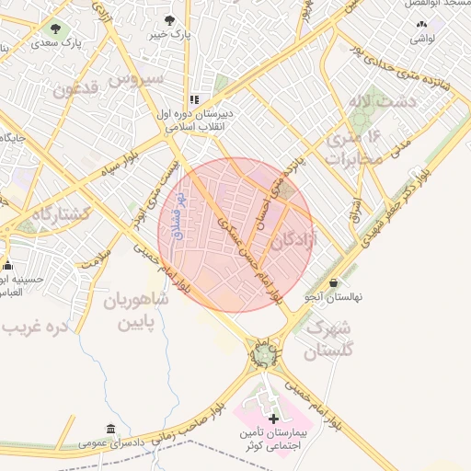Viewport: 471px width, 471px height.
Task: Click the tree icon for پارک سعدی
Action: pyautogui.click(x=59, y=29)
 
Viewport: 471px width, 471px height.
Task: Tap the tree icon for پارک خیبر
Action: pyautogui.click(x=168, y=19)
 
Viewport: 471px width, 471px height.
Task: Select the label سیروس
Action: pyautogui.click(x=137, y=79)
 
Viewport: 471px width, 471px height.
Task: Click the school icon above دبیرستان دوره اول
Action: pyautogui.click(x=194, y=99)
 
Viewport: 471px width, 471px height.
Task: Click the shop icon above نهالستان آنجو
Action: pyautogui.click(x=332, y=282)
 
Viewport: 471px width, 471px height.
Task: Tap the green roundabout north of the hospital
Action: pyautogui.click(x=266, y=352)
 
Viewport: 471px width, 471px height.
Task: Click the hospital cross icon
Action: pyautogui.click(x=272, y=419)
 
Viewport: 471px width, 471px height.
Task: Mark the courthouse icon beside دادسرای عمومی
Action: pyautogui.click(x=111, y=429)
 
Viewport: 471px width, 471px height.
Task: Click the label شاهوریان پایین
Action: pyautogui.click(x=135, y=312)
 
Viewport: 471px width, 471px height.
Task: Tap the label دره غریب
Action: pyautogui.click(x=33, y=327)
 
